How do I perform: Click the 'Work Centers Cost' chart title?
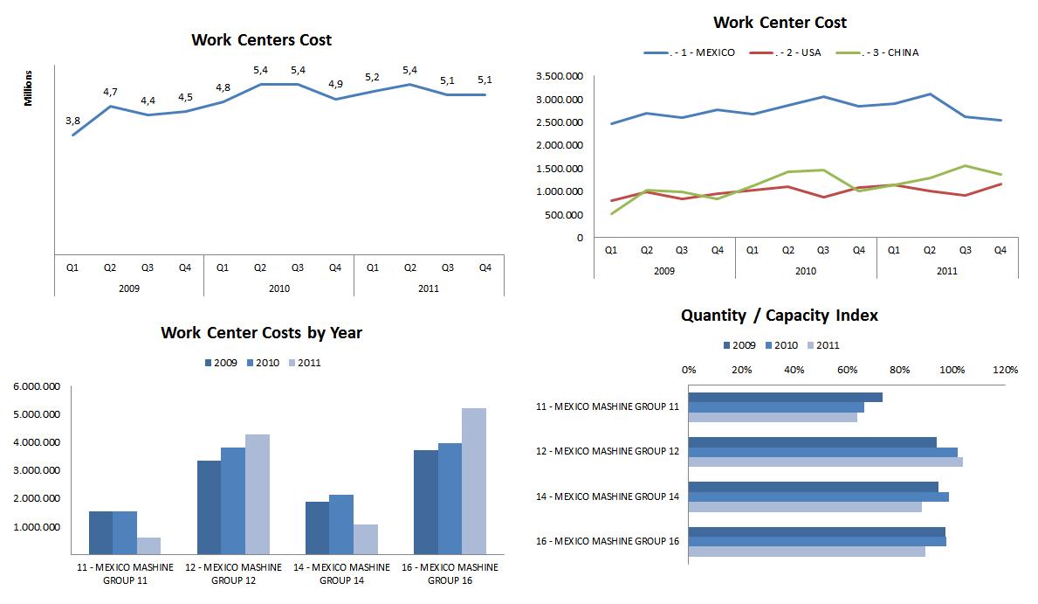tap(261, 40)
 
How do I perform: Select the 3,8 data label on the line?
tap(72, 121)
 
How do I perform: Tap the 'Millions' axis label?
tap(28, 88)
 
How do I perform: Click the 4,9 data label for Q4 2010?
tap(335, 84)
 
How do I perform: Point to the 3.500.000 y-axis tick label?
tap(560, 77)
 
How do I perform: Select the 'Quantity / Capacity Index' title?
tap(780, 315)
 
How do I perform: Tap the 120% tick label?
tap(1005, 370)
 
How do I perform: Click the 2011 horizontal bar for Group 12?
tap(825, 462)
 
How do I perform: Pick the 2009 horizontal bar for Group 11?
tap(785, 397)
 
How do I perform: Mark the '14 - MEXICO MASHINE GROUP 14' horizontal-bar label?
tap(608, 496)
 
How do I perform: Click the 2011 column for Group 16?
tap(474, 481)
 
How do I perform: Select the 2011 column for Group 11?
tap(149, 545)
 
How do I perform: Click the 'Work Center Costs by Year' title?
tap(261, 333)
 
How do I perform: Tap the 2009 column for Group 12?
tap(209, 507)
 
